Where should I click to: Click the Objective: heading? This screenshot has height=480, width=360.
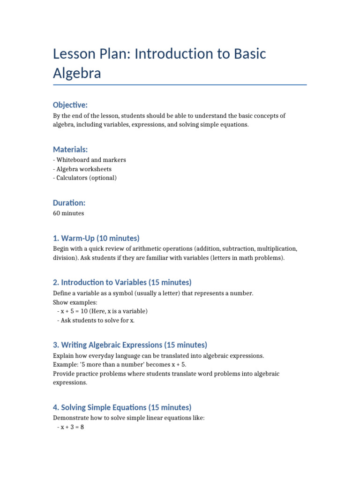point(70,105)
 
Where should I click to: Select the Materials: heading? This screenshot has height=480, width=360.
point(70,150)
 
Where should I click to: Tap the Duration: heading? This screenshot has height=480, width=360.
point(69,203)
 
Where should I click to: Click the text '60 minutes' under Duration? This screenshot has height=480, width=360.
point(68,213)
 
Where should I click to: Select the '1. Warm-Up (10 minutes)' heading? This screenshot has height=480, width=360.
point(96,238)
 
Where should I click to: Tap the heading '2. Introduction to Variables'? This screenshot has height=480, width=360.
point(122,282)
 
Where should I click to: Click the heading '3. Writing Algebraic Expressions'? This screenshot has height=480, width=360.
point(130,345)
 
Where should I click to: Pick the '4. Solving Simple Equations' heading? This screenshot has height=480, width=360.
point(122,407)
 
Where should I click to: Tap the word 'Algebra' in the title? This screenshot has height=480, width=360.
point(77,73)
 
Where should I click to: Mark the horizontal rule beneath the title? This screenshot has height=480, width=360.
point(180,85)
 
